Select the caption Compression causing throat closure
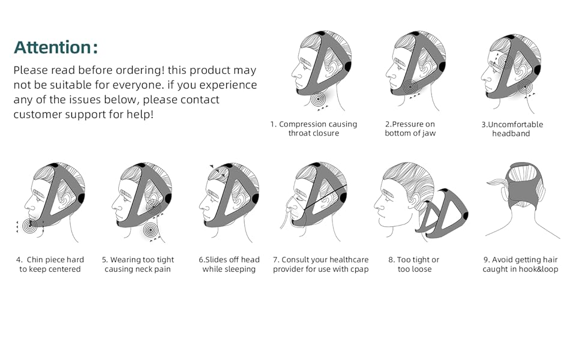point(313,129)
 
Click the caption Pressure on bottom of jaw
point(410,129)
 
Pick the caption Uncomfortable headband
point(512,129)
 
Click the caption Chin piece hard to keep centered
point(50,265)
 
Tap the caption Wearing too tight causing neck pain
point(137,265)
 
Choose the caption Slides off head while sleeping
point(229,265)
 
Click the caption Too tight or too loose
point(413,265)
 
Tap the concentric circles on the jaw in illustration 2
point(410,87)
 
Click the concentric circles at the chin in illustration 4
point(29,226)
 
